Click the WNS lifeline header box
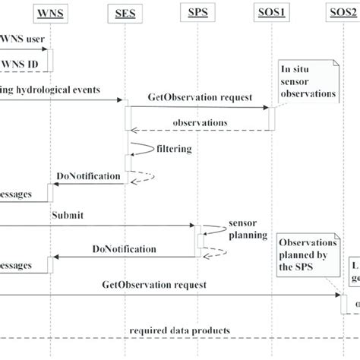(x=51, y=13)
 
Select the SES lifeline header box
(x=126, y=13)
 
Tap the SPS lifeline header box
(x=197, y=13)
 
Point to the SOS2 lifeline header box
(x=342, y=13)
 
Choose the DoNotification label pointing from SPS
(x=125, y=248)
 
